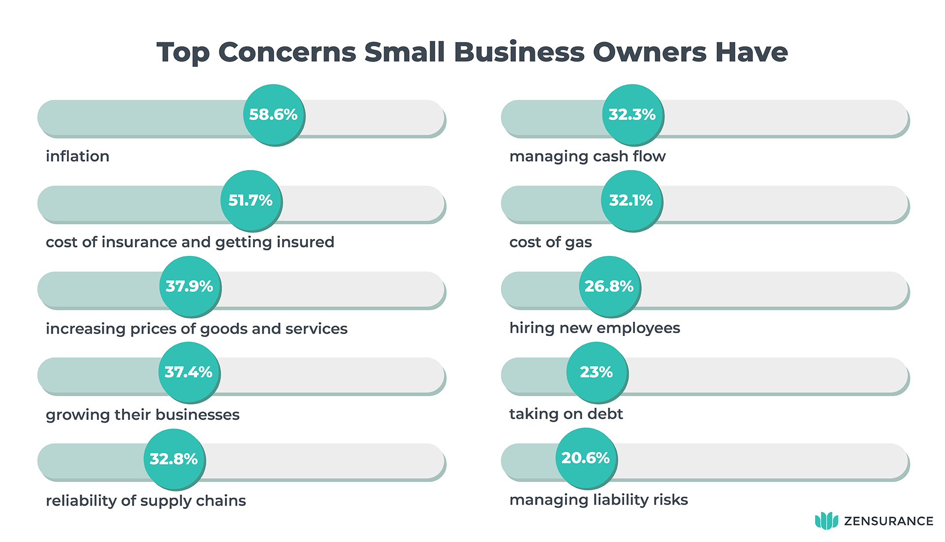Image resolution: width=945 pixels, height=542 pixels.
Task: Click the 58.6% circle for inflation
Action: coord(274,115)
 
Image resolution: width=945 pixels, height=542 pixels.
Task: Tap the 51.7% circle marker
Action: coord(251,201)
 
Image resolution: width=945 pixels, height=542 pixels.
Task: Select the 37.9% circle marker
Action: coord(189,286)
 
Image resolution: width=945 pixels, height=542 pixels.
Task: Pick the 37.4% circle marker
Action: coord(189,372)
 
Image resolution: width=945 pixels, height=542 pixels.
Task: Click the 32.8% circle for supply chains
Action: coord(174,459)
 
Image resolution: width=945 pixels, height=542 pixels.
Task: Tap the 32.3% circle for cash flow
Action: coord(632,115)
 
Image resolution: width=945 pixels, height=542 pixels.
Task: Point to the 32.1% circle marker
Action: coord(631,201)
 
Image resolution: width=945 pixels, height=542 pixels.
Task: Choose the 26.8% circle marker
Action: coord(609,286)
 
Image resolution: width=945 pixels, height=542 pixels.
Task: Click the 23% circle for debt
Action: coord(597,372)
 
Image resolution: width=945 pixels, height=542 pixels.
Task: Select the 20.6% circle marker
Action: coord(586,458)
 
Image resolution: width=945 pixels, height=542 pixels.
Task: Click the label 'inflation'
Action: coord(77,156)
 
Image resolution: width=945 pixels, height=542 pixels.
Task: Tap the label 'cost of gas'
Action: coord(550,242)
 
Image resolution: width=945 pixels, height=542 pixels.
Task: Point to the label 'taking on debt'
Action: coord(566,414)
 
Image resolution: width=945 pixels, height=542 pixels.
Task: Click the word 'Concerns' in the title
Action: coord(287,52)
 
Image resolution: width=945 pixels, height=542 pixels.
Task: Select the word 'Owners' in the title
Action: coord(650,52)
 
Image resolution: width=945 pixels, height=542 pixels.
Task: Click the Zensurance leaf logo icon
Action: coord(826,521)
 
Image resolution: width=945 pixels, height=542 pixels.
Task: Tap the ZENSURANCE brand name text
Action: coord(888,521)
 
